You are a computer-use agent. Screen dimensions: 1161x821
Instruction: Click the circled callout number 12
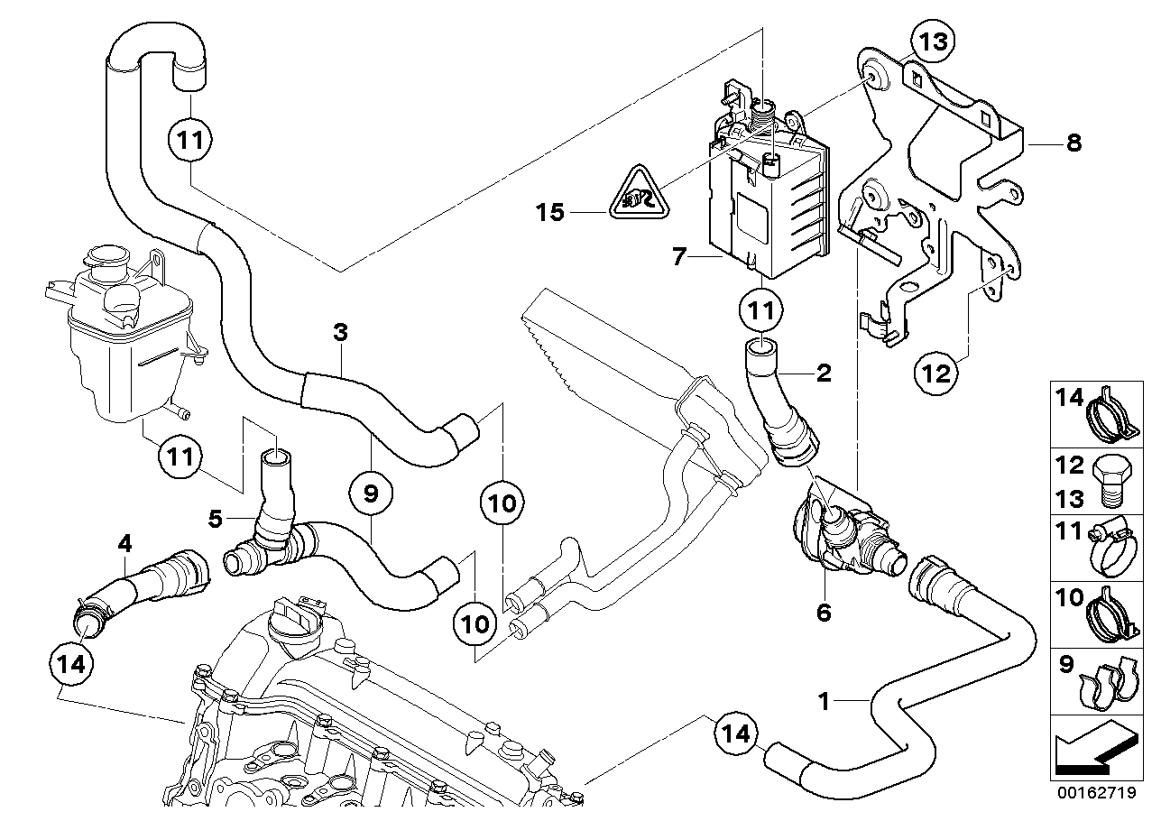[936, 373]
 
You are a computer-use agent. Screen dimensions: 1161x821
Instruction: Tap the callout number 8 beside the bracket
[1073, 143]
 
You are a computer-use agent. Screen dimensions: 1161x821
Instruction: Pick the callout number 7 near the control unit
[679, 256]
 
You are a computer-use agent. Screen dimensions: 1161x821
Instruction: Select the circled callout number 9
[371, 493]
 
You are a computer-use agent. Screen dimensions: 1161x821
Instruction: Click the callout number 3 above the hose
[340, 333]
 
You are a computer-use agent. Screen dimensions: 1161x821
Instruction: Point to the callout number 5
[215, 518]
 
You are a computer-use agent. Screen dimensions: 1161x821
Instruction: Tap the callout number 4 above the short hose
[124, 544]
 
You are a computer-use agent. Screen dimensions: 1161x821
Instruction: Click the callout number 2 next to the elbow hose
[824, 373]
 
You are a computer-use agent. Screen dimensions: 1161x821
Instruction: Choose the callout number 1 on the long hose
[824, 701]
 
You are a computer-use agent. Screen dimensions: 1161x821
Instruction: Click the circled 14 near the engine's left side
[71, 663]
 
